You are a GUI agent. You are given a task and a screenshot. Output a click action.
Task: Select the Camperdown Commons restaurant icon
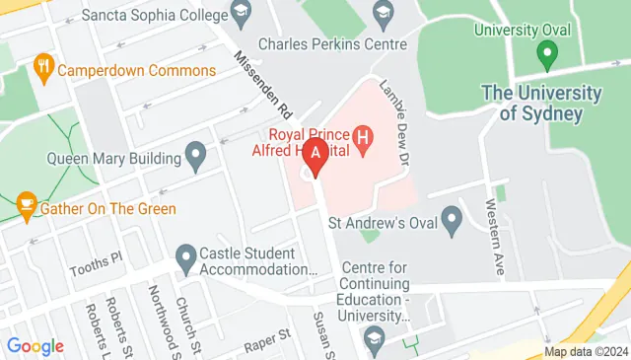42,69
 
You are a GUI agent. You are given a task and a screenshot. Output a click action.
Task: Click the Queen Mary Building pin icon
196,156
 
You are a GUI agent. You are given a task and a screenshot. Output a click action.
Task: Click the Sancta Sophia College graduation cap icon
239,15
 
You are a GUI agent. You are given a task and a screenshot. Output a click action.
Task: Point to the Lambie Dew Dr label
393,120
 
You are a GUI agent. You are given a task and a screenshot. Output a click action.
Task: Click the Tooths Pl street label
95,269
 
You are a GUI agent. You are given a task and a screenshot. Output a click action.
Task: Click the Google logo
35,345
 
